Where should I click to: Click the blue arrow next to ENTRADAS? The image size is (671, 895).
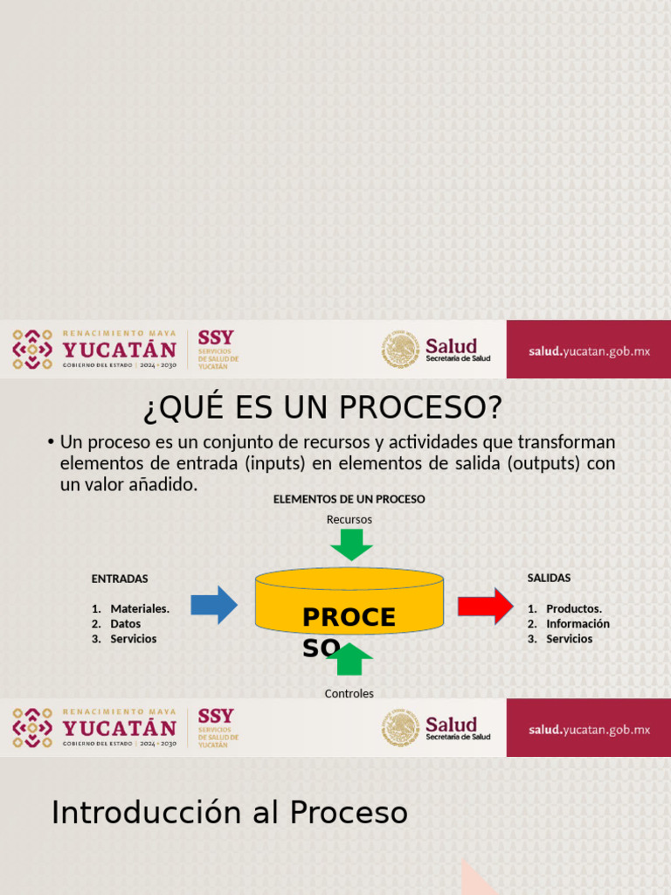point(213,605)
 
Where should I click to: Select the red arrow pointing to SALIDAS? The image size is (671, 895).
point(485,606)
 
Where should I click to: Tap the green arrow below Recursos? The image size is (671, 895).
point(351,545)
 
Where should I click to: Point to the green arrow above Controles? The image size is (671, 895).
point(349,660)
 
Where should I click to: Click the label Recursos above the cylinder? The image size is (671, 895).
point(349,519)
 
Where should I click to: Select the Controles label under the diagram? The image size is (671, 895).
point(349,693)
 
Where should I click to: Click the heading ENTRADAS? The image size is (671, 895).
point(120,579)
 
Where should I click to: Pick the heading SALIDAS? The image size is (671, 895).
point(549,578)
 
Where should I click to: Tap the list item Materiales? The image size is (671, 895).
point(140,608)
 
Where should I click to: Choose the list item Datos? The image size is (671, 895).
point(125,624)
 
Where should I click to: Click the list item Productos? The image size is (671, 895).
point(573,608)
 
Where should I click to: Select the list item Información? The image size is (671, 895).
point(578,624)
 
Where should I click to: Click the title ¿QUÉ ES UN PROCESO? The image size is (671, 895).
point(322,407)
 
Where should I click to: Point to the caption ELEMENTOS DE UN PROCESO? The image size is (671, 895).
point(349,499)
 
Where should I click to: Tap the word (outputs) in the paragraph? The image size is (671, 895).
point(543,463)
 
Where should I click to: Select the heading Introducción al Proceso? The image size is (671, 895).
point(230,812)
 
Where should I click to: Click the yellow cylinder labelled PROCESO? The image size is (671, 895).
point(349,603)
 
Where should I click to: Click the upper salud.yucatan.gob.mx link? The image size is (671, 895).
point(589,351)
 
